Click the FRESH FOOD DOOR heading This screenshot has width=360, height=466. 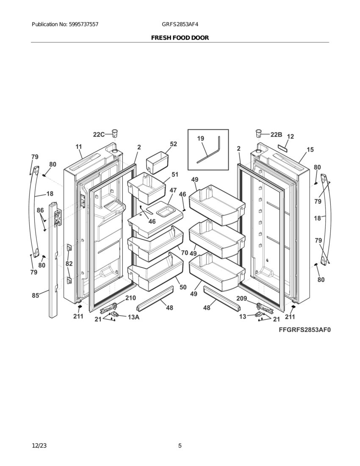point(180,38)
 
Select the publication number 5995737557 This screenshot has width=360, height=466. point(83,25)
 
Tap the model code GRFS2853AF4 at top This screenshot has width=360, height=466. point(180,25)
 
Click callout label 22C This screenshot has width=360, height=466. point(99,135)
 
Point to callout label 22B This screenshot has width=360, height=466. point(276,135)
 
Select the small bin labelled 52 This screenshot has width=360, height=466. point(157,162)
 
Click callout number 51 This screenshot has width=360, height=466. point(175,175)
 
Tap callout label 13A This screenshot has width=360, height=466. point(134,317)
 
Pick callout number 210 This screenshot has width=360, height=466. point(130,298)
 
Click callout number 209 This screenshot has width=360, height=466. point(241,298)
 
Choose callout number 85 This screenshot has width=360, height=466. point(36,295)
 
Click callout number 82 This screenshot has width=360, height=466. point(69,264)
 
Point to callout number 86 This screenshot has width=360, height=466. point(40,211)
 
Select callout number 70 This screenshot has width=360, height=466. point(185,253)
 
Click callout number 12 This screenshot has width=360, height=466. point(291,136)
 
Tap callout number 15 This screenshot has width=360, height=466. point(310,150)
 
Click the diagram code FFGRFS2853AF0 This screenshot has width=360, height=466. point(305,330)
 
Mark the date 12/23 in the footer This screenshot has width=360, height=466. point(39,446)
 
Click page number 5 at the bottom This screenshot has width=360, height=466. point(180,446)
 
